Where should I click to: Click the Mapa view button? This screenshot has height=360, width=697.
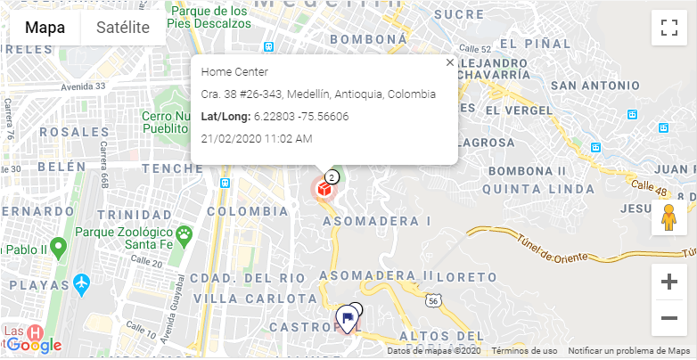coord(45,28)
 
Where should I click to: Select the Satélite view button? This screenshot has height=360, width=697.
coord(123,28)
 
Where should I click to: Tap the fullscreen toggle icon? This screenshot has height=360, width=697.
coord(668,28)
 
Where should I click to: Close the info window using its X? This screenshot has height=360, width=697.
coord(449,62)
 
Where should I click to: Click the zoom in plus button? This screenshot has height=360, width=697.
coord(668,282)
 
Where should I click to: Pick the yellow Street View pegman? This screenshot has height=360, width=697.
coord(668,218)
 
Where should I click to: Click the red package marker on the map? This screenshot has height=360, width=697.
coord(324,189)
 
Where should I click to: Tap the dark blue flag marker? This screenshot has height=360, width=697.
coord(347,317)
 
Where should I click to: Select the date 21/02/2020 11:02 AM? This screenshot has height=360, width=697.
coord(257,139)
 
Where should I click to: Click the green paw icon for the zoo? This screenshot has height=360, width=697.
coord(184,235)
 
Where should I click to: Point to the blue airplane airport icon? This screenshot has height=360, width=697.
coord(83,283)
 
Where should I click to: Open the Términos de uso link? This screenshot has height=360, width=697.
coord(524,351)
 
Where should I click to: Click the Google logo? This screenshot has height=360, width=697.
coord(34,345)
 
